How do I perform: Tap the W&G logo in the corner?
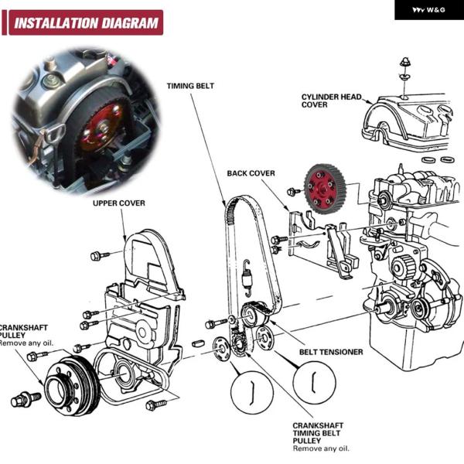point(428,10)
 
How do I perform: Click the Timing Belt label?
point(190,85)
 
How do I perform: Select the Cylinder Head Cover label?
point(331,101)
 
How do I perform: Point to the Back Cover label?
point(251,173)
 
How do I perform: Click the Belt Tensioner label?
point(331,352)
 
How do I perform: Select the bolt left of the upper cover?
point(96,255)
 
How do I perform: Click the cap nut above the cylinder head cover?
point(404,65)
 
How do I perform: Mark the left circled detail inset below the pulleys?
point(252,390)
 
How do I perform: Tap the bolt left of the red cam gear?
point(292,191)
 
